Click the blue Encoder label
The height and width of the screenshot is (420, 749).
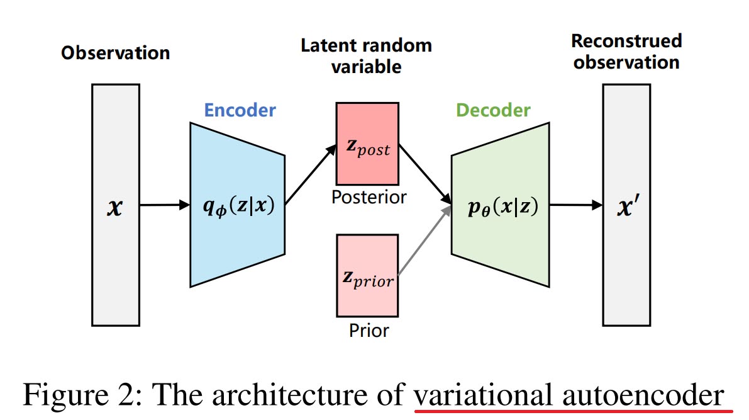coord(240,111)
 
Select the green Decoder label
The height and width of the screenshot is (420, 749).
coord(493,111)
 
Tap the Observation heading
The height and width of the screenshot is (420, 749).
coord(116,52)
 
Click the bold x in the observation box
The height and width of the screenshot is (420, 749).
coord(116,205)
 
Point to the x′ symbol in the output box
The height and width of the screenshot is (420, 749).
coord(626,205)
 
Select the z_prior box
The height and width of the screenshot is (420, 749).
coord(367,275)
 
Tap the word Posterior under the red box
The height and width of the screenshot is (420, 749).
coord(369,197)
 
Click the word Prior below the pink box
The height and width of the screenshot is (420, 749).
coord(369,330)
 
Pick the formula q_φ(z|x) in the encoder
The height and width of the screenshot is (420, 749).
coord(238,205)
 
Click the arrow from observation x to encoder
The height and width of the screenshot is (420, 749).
coord(164,205)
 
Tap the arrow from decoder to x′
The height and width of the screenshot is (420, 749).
coord(575,205)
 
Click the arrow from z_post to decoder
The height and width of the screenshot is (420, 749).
coord(425,173)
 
